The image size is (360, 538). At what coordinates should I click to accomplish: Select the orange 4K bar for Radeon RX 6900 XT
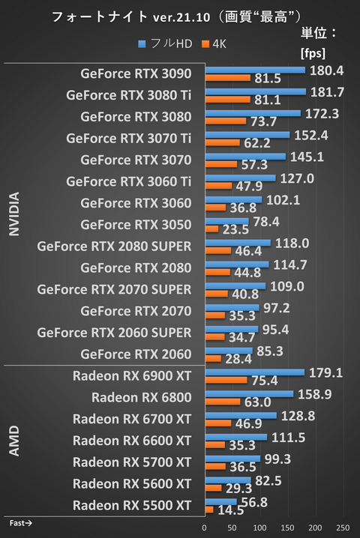[x=226, y=380]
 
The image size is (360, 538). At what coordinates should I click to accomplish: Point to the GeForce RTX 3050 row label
[x=136, y=224]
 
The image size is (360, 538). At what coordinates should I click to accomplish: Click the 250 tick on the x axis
[x=343, y=528]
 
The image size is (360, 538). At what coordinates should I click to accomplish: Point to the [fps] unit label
[x=312, y=53]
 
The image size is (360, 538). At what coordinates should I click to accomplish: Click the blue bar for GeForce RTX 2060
[x=229, y=350]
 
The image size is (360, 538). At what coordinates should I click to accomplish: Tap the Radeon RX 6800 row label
[x=142, y=396]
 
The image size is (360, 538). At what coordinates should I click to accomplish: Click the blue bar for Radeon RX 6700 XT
[x=241, y=414]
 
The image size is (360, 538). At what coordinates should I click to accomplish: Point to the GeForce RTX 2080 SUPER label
[x=114, y=246]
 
